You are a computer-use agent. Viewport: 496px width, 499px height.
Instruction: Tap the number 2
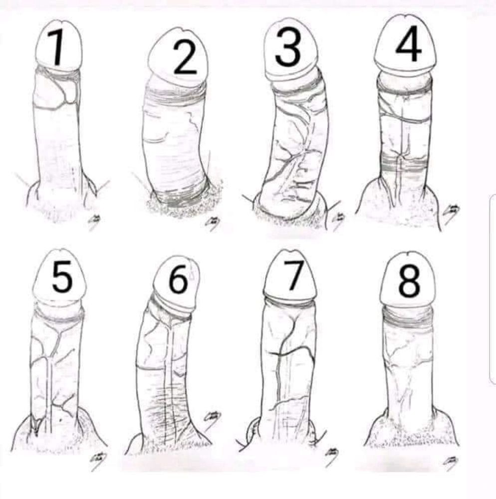[x=185, y=57]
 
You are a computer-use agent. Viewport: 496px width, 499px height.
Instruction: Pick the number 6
[x=179, y=277]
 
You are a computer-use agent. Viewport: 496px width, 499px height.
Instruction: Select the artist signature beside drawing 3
[x=338, y=219]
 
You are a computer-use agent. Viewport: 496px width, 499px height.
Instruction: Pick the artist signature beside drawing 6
[x=212, y=418]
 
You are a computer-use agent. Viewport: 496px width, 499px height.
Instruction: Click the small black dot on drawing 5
[x=60, y=420]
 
